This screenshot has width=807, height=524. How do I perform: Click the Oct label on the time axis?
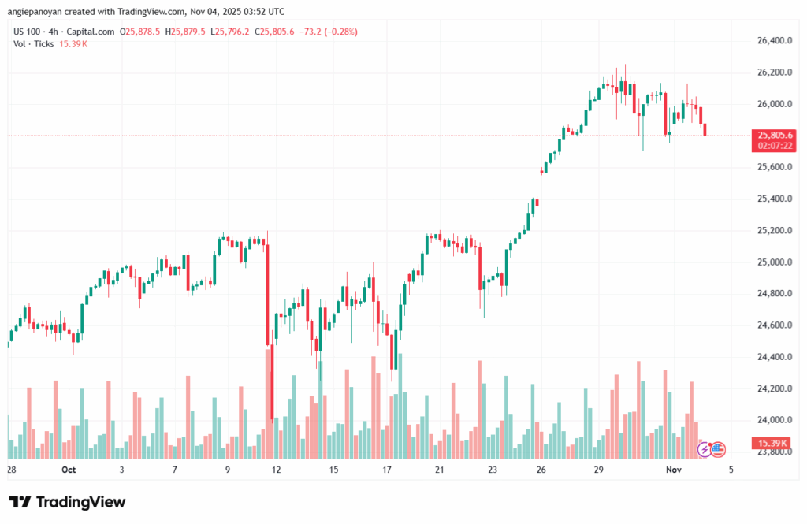[68, 470]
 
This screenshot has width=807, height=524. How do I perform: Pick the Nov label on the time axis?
[672, 470]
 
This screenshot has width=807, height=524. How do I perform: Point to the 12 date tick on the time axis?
[277, 470]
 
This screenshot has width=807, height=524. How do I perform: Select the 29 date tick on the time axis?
[598, 470]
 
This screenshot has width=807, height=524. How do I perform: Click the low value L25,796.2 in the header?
[229, 32]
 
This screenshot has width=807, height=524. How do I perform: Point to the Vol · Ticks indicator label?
[33, 44]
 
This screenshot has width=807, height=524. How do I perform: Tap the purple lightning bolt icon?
[705, 449]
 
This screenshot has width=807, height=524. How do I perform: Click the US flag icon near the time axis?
[718, 449]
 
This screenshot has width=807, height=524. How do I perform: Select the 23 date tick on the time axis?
[492, 470]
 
